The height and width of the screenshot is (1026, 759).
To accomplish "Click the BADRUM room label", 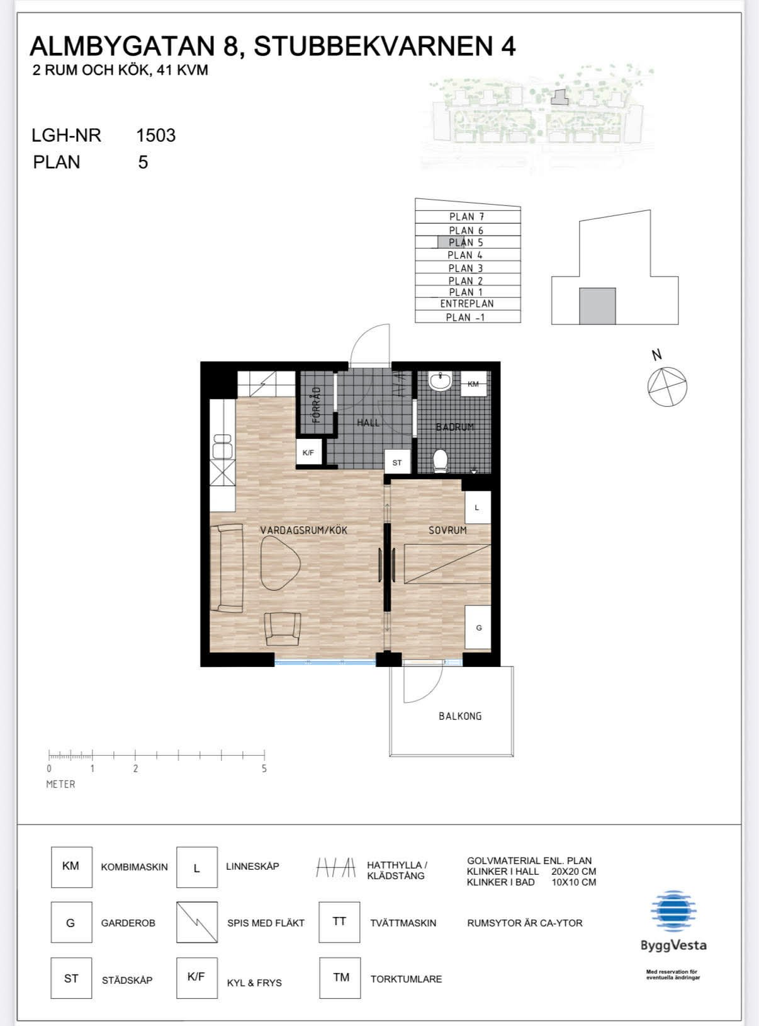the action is pyautogui.click(x=455, y=427).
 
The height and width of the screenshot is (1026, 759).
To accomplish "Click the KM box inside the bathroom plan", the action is pyautogui.click(x=474, y=384).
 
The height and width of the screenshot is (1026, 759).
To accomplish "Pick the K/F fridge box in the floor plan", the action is pyautogui.click(x=308, y=452).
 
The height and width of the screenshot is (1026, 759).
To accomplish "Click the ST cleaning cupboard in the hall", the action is pyautogui.click(x=398, y=462).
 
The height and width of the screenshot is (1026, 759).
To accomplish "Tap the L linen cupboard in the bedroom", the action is pyautogui.click(x=478, y=508).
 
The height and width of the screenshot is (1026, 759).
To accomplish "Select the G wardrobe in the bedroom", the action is pyautogui.click(x=478, y=628).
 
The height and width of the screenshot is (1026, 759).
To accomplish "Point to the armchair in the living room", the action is pyautogui.click(x=283, y=629).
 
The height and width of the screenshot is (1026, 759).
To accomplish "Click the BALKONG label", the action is pyautogui.click(x=460, y=716).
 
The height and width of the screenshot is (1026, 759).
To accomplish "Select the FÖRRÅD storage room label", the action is pyautogui.click(x=316, y=405).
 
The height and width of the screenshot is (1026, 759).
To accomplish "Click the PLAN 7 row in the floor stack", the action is pyautogui.click(x=468, y=217).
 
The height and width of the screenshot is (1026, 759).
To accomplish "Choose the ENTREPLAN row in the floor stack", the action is pyautogui.click(x=468, y=304).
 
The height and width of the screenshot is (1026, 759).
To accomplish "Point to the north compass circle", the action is pyautogui.click(x=667, y=387).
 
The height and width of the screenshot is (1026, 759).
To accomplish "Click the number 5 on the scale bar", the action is pyautogui.click(x=264, y=769).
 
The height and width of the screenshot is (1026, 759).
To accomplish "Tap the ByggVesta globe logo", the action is pyautogui.click(x=673, y=911).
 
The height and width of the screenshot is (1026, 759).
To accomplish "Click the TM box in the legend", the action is pyautogui.click(x=340, y=978).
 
